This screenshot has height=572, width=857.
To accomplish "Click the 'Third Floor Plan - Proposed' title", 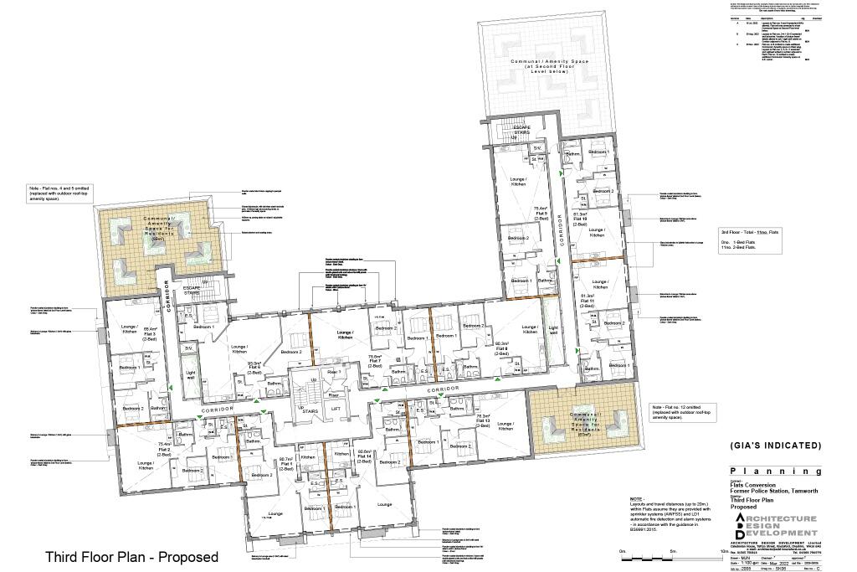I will pyautogui.click(x=131, y=557).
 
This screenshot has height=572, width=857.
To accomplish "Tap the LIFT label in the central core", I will pyautogui.click(x=336, y=408).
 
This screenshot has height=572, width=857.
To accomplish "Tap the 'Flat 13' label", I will pyautogui.click(x=483, y=421).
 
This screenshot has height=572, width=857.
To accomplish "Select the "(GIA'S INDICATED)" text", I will pyautogui.click(x=775, y=446).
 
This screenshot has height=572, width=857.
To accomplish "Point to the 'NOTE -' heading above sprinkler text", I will pyautogui.click(x=639, y=500).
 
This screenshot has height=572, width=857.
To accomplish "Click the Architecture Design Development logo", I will pyautogui.click(x=774, y=526).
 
